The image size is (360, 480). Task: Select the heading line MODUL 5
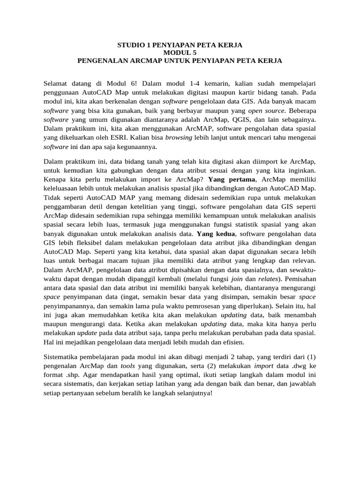point(180,53)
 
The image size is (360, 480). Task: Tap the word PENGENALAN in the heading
point(99,61)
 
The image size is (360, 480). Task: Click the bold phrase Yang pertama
point(232,180)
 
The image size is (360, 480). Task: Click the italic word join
point(238,278)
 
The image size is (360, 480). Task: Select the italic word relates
point(266,278)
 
